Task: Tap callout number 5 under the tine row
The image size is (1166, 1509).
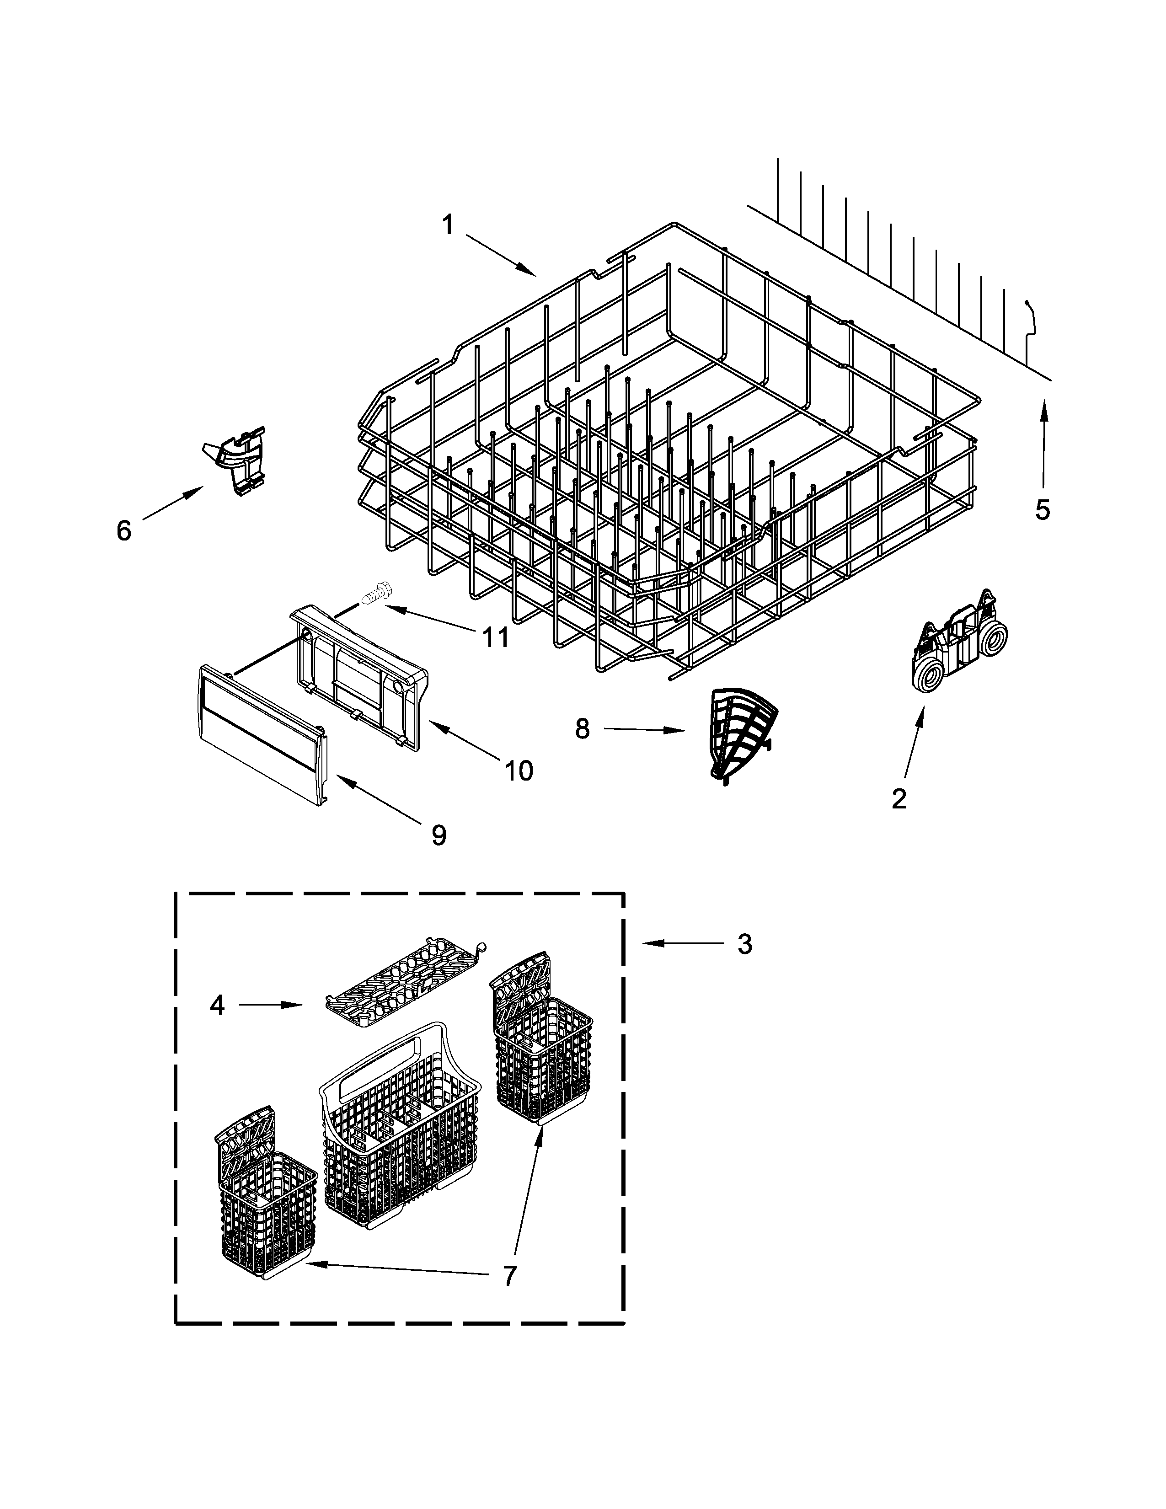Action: click(1043, 510)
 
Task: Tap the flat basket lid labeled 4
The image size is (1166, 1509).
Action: click(403, 979)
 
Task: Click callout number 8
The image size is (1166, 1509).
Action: click(582, 728)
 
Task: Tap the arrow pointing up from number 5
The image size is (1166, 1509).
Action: click(1043, 442)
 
